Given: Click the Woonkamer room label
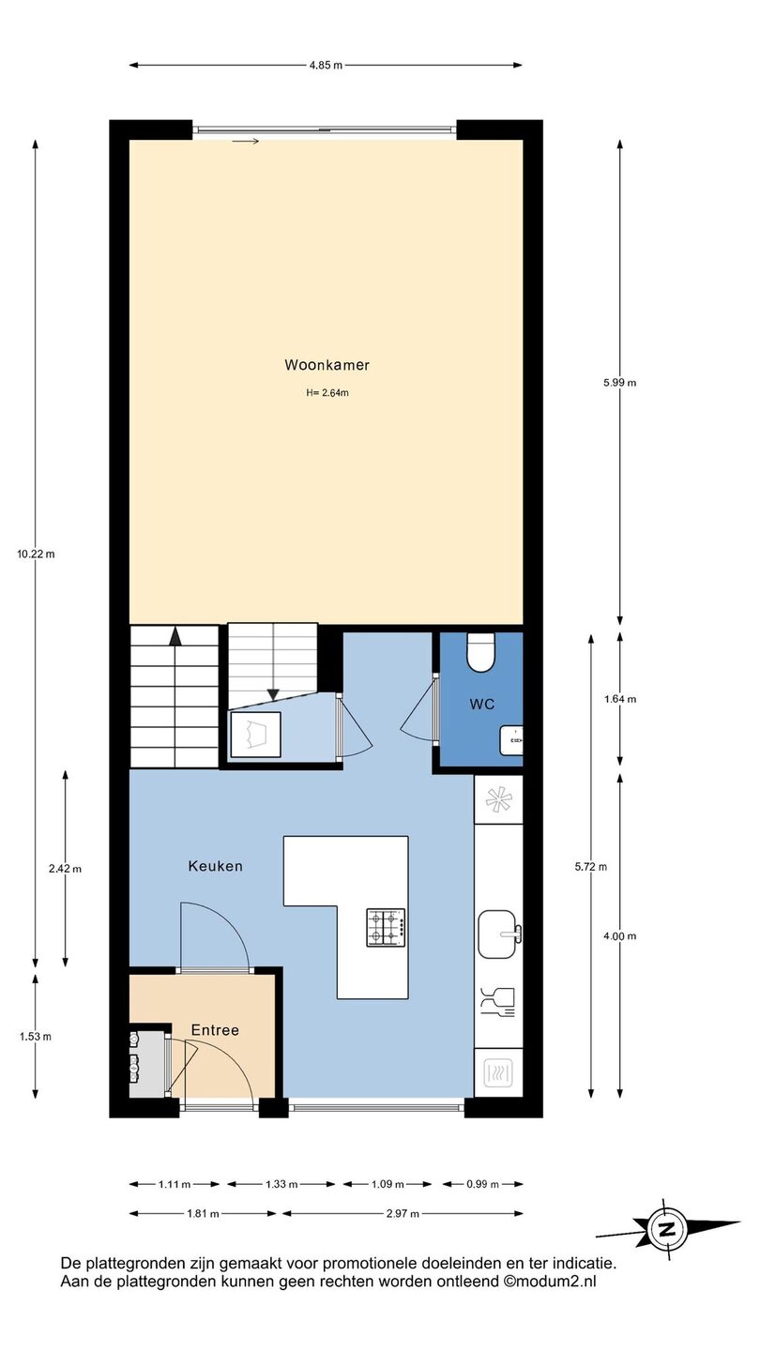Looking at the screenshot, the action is tap(327, 365).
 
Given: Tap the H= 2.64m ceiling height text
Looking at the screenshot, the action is tap(327, 393).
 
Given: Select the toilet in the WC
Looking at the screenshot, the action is tap(480, 652).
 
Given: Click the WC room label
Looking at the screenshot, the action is tap(482, 704).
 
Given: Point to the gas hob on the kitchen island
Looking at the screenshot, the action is tap(386, 928).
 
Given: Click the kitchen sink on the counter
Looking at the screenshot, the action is tap(499, 934).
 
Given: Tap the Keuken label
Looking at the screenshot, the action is tap(216, 866).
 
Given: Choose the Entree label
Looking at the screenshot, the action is tap(215, 1030).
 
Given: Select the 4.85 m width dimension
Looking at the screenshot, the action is tap(326, 65).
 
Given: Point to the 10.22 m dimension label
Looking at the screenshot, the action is tap(37, 554).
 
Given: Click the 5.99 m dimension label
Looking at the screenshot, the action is tap(620, 383).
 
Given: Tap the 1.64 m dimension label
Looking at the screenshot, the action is tap(620, 699).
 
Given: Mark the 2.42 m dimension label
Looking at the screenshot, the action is tap(65, 869).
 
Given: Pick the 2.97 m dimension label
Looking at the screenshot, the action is tap(403, 1213).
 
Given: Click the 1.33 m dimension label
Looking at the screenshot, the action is tap(281, 1184).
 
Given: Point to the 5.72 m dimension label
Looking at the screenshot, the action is tap(591, 867).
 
